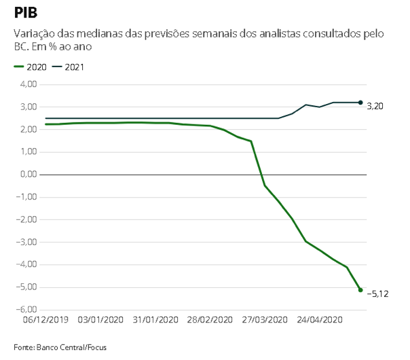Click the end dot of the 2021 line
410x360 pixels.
pos(360,103)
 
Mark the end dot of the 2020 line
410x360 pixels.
pos(360,290)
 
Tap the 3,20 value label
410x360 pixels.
pos(375,107)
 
